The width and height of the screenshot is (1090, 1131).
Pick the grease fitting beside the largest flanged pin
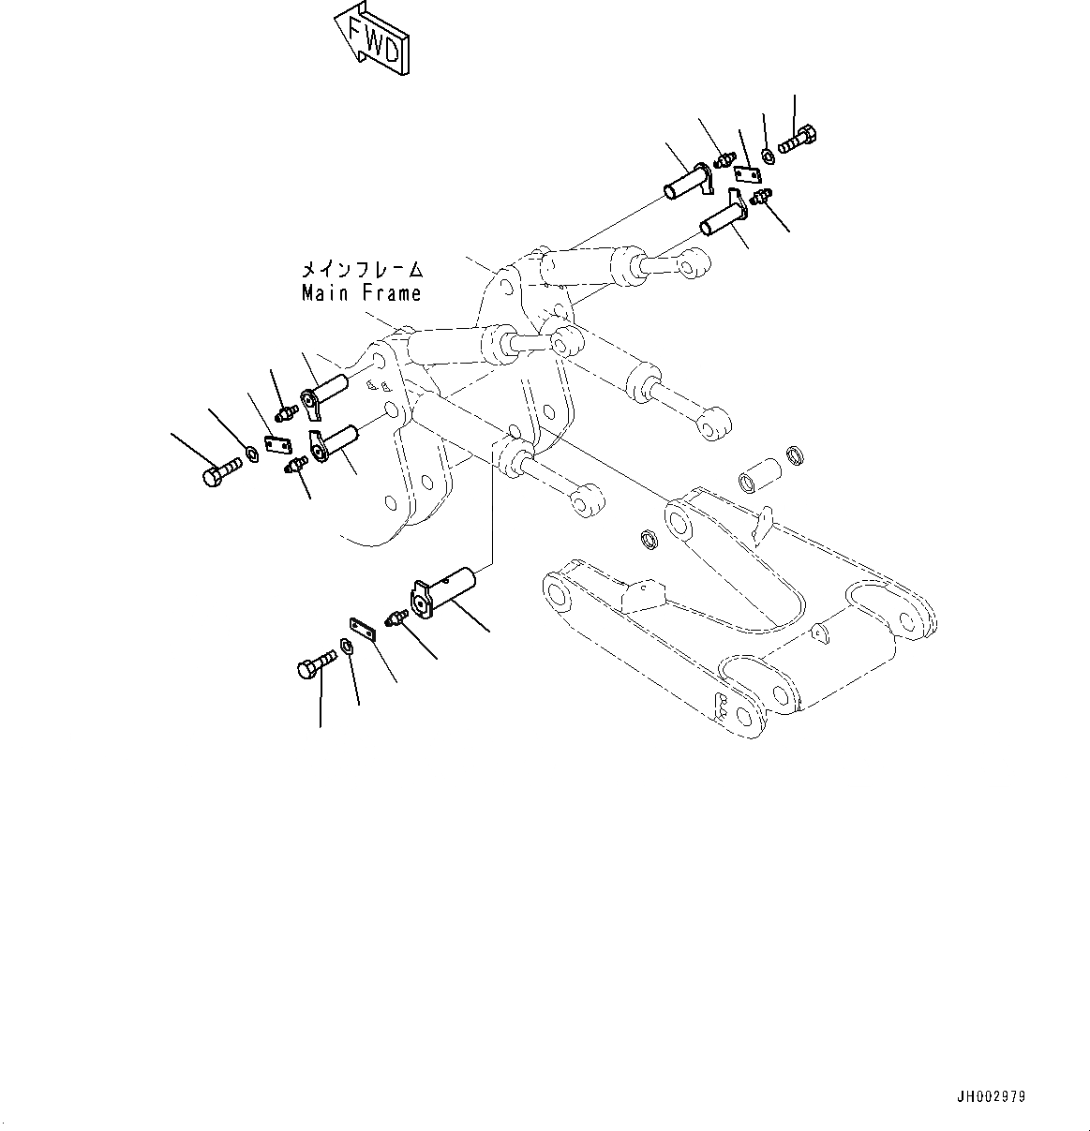click(x=396, y=617)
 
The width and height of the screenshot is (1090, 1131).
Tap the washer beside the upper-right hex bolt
click(x=768, y=154)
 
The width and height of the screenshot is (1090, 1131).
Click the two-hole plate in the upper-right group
click(x=747, y=174)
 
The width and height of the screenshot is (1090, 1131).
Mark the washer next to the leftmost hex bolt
click(x=251, y=456)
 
